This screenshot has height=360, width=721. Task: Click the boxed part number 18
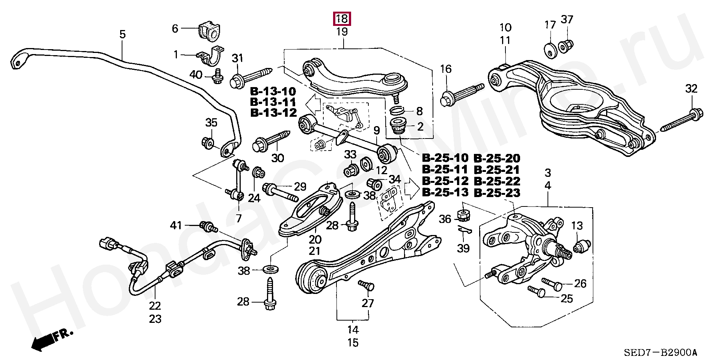pyautogui.click(x=342, y=18)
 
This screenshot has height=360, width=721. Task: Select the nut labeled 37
pyautogui.click(x=565, y=47)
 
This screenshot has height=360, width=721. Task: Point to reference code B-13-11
pyautogui.click(x=273, y=102)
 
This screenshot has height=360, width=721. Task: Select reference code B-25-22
pyautogui.click(x=497, y=181)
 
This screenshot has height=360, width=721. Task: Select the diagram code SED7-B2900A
pyautogui.click(x=660, y=353)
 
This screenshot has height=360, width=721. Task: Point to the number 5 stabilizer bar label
pyautogui.click(x=122, y=35)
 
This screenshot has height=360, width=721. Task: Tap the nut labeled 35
pyautogui.click(x=208, y=143)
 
